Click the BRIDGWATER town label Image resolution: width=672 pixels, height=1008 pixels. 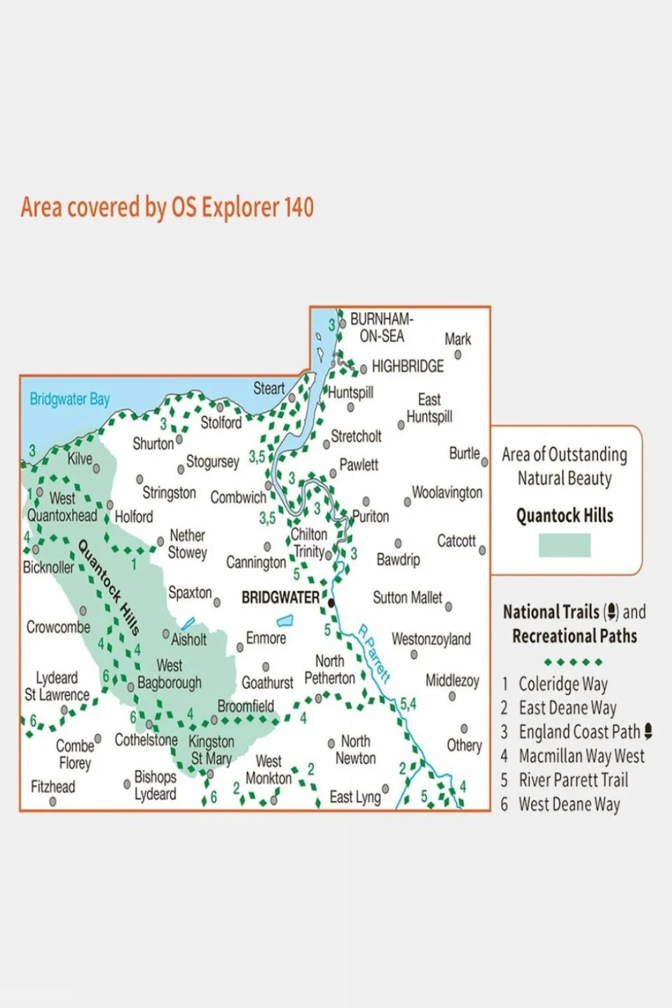(280, 598)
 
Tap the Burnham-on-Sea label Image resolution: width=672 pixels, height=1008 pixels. (381, 328)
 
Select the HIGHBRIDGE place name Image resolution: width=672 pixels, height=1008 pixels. (407, 366)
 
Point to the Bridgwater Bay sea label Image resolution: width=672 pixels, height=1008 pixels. (69, 399)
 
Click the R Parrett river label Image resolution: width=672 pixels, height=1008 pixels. (373, 653)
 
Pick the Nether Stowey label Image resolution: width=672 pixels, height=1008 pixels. (187, 544)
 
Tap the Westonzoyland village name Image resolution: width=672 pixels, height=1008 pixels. (431, 639)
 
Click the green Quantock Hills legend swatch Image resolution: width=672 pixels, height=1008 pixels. (564, 545)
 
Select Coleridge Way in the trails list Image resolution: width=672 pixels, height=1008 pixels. (563, 684)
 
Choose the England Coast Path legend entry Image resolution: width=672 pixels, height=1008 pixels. (579, 732)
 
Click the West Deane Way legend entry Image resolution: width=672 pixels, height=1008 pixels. (569, 804)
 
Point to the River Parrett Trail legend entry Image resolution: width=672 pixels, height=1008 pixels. (572, 780)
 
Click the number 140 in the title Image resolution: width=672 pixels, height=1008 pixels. (299, 207)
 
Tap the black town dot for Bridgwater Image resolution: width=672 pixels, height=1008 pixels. (331, 602)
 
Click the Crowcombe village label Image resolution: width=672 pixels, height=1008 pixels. (58, 627)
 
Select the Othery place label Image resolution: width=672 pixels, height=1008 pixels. (464, 745)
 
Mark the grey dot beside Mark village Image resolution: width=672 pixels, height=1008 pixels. (458, 355)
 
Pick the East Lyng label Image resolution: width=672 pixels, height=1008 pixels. (355, 796)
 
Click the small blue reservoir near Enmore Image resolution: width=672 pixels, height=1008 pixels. (284, 621)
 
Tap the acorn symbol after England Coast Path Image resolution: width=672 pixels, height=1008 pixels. (648, 732)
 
